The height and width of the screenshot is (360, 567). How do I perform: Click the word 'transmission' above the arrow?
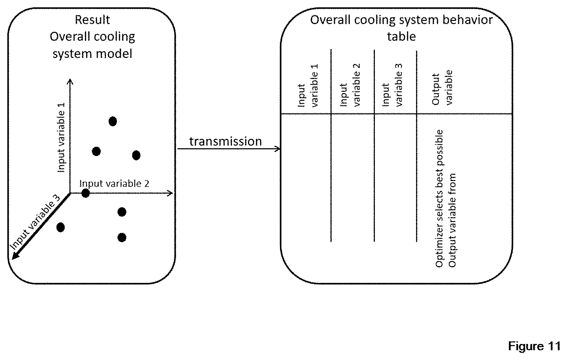[226, 141]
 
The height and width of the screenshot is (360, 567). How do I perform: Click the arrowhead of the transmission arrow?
[278, 149]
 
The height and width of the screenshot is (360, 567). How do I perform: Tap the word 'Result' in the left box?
[92, 20]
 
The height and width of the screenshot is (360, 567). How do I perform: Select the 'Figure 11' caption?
[534, 346]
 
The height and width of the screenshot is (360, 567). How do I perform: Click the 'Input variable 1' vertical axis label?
[61, 137]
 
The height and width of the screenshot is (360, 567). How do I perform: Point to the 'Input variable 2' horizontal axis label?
[114, 183]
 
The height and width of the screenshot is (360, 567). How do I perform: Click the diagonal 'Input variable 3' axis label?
[35, 222]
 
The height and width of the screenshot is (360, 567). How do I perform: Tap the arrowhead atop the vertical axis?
[70, 81]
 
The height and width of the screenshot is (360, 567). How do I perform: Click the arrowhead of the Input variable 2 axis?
[170, 193]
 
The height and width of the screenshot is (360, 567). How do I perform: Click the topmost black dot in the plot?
[113, 121]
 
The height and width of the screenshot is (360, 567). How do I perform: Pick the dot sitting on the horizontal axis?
[85, 193]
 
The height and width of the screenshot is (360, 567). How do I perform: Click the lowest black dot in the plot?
[122, 238]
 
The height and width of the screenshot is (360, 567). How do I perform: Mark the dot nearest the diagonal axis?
[60, 227]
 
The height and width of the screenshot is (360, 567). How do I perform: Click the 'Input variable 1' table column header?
[308, 85]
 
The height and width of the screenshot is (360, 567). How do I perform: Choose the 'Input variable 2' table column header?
[350, 85]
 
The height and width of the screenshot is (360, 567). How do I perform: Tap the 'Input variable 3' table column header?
[392, 85]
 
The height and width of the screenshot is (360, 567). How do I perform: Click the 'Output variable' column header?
[442, 87]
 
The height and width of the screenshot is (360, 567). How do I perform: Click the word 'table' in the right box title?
[401, 36]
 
